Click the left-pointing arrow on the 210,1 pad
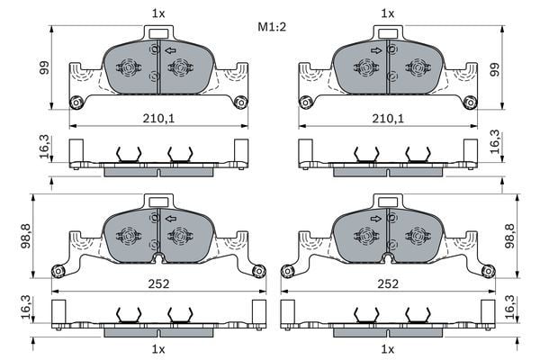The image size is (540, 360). point(170,49)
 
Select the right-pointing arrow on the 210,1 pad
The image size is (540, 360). point(374,49)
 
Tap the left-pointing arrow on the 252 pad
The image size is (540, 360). point(170,219)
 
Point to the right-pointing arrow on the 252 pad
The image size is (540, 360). point(374,219)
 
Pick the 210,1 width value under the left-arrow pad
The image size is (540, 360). point(158,118)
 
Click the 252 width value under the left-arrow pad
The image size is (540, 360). point(158,283)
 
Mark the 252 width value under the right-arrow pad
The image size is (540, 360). point(389,283)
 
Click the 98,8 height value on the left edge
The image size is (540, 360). point(24,238)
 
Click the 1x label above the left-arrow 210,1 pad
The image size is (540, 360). point(158,13)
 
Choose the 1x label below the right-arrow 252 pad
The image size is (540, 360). point(389,348)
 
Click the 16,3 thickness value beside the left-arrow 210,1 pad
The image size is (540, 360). point(43,145)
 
